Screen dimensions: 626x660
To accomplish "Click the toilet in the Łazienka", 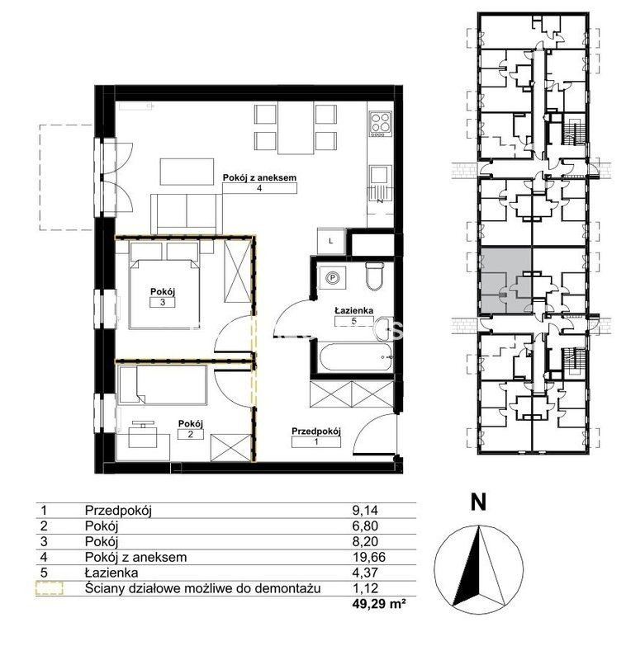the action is [x=374, y=276].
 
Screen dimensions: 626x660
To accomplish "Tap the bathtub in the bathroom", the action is [x=356, y=357].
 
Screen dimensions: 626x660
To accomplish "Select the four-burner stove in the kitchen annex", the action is [x=381, y=123].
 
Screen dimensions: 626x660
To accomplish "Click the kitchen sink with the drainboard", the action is [x=380, y=184].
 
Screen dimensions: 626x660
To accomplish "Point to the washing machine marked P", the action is [x=332, y=277].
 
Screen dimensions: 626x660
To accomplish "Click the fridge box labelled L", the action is [x=331, y=241].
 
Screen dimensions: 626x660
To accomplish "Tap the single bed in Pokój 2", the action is [x=163, y=385].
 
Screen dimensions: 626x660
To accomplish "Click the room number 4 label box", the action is [x=259, y=188].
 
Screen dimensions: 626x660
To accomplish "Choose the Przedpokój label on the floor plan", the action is [x=316, y=431].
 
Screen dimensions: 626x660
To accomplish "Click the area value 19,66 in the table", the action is [x=368, y=557].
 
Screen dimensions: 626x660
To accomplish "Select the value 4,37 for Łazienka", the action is [x=365, y=573].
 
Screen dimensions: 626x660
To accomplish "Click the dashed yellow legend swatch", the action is [x=50, y=588].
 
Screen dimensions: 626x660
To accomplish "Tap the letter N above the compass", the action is [x=478, y=502].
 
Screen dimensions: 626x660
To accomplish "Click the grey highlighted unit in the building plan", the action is [x=505, y=280].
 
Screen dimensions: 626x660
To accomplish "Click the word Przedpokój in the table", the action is [x=118, y=511].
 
